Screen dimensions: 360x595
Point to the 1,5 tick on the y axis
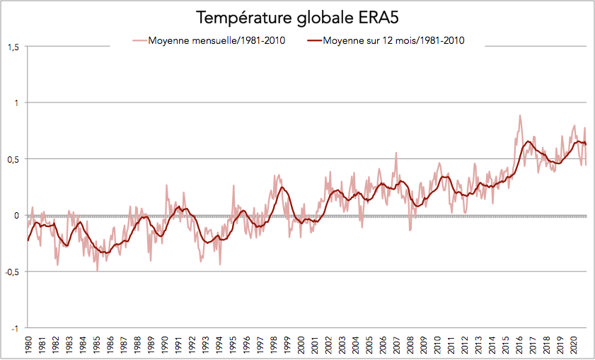tap(13, 47)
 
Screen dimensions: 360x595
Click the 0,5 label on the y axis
tap(13, 159)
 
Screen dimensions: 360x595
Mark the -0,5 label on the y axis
tap(11, 272)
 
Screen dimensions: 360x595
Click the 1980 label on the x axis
tap(29, 344)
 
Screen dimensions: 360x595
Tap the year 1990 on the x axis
tap(164, 344)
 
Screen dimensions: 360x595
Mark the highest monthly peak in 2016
tap(520, 115)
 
